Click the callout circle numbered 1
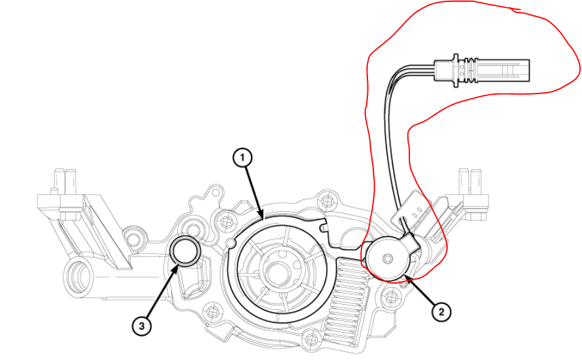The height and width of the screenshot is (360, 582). click(x=243, y=157)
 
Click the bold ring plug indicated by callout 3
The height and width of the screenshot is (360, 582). click(x=184, y=251)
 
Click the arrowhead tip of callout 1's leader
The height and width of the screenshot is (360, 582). click(x=263, y=217)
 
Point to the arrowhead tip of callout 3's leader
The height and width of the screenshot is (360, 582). click(x=177, y=265)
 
